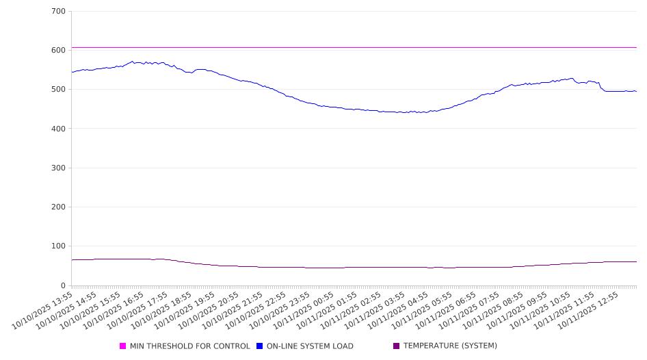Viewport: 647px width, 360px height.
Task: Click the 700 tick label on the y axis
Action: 58,12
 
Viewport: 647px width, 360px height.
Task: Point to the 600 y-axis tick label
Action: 58,51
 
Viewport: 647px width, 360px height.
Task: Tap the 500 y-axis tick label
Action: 58,90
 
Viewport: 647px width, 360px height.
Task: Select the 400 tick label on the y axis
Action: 58,129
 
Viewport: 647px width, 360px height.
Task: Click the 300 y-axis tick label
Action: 58,168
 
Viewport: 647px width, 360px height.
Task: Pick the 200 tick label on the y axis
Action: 58,207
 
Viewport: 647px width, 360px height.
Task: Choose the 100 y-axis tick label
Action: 58,246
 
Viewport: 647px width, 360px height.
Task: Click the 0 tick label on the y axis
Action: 63,285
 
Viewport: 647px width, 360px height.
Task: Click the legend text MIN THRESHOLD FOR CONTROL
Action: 189,346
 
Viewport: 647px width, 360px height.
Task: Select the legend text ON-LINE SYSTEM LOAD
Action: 310,346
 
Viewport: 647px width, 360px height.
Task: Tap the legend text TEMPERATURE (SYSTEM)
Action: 450,346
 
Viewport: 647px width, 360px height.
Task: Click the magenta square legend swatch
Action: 123,346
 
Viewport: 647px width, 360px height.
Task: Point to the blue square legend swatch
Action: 260,346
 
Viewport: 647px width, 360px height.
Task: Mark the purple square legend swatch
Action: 397,346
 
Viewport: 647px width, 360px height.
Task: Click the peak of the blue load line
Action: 133,61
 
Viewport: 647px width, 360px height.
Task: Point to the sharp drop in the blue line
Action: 600,86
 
